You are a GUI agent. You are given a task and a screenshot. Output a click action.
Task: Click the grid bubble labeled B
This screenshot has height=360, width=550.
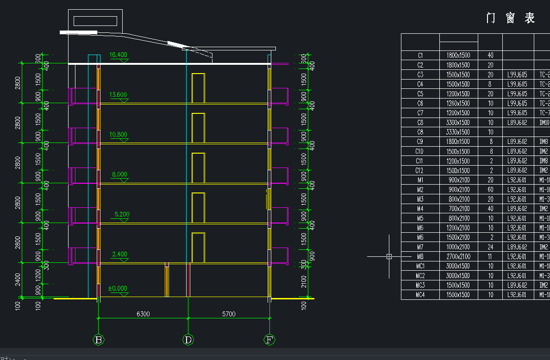tap(99, 340)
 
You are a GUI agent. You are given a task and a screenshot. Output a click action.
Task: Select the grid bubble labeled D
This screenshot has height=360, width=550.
tap(188, 340)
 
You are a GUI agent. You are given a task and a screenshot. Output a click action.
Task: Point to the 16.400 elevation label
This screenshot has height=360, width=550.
tap(118, 55)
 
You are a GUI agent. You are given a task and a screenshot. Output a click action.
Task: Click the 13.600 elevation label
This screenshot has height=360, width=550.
tap(118, 95)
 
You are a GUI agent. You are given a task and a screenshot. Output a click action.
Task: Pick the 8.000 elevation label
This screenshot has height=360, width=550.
tap(119, 174)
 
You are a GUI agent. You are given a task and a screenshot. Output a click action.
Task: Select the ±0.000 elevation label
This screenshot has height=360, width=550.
tap(118, 288)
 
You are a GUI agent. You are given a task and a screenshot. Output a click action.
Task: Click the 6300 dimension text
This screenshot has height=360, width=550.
tap(143, 314)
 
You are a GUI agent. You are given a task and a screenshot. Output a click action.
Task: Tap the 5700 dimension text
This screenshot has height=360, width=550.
tap(229, 314)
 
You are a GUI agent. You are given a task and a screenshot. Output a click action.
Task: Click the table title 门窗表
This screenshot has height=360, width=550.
tap(511, 18)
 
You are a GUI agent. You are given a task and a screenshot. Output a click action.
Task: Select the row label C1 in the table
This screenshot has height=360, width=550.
tap(420, 56)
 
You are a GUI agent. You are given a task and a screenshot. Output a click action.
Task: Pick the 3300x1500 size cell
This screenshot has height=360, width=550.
tap(458, 123)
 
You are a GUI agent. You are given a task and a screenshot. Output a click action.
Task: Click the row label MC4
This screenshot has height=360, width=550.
tap(420, 295)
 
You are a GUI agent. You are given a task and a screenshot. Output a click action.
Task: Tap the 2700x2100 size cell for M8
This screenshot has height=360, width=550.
tap(458, 256)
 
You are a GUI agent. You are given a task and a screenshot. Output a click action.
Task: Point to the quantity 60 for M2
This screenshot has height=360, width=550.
tap(490, 190)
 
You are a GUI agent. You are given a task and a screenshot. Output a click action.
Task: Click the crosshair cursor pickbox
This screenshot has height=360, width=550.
tap(389, 256)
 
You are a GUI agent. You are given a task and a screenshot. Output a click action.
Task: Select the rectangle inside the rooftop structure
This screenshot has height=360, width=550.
tap(95, 21)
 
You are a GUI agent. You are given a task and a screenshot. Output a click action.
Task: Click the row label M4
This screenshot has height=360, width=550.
tap(420, 209)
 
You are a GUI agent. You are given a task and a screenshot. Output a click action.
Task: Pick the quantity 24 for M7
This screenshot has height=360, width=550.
tap(490, 247)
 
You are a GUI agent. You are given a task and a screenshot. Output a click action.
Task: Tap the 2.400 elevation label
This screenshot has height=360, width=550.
tap(119, 254)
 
